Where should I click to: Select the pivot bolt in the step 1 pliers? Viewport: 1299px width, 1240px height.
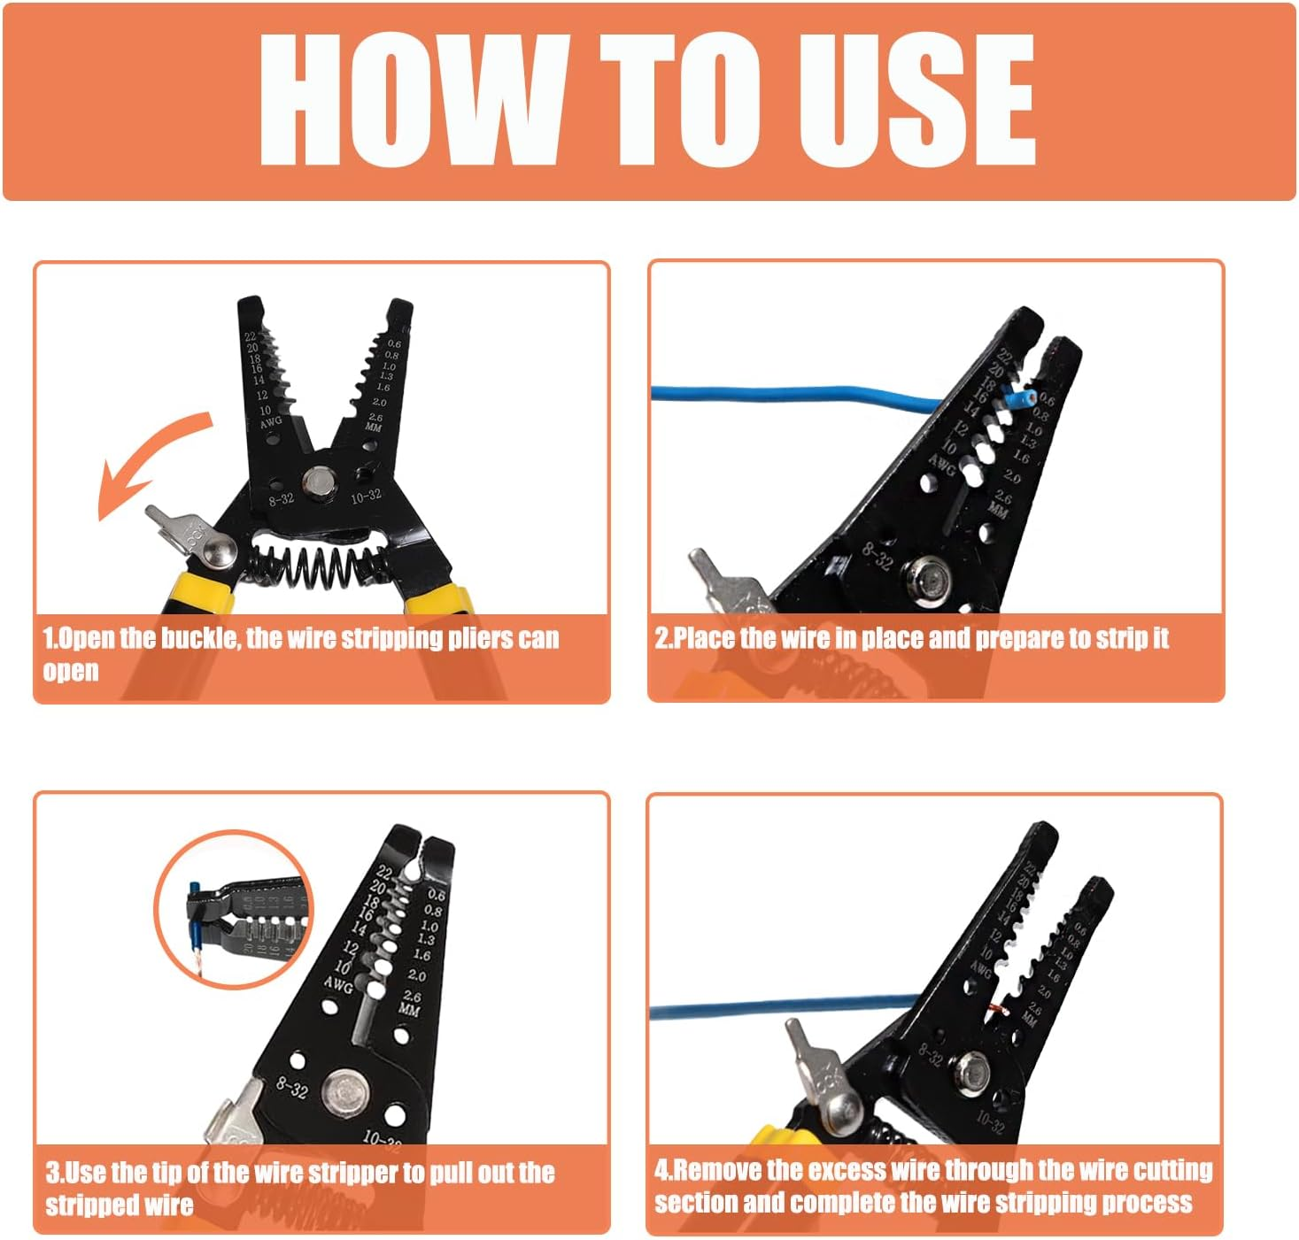click(316, 482)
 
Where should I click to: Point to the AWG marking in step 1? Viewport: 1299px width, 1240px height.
click(271, 422)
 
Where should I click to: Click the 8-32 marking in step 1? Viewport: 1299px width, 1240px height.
click(281, 499)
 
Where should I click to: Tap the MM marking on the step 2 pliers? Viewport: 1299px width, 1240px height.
click(998, 511)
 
